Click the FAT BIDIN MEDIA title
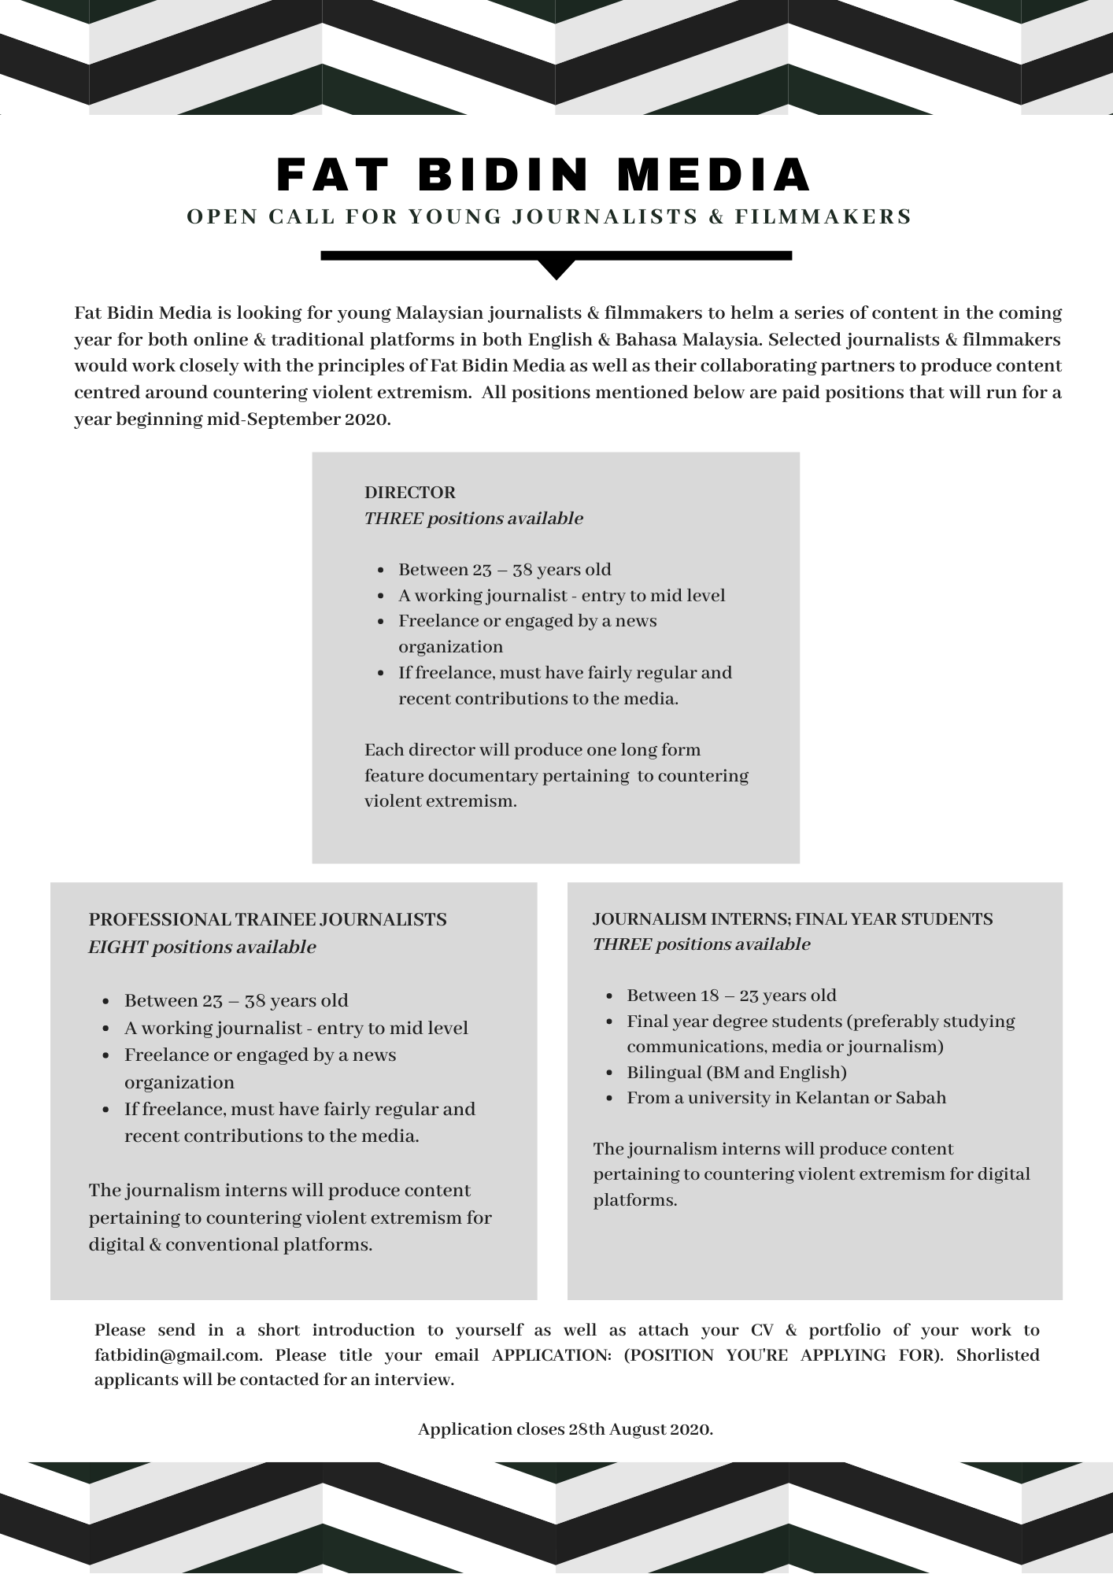544,175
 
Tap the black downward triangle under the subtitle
556,269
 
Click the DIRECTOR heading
409,493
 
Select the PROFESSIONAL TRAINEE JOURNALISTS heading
268,919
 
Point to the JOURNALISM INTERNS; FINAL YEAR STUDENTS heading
793,918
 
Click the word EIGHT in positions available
117,947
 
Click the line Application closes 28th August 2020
565,1428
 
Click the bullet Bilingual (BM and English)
736,1072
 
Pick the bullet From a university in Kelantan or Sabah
786,1097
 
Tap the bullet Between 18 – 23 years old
731,995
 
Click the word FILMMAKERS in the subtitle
823,216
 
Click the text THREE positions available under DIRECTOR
473,519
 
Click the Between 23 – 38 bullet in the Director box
504,570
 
